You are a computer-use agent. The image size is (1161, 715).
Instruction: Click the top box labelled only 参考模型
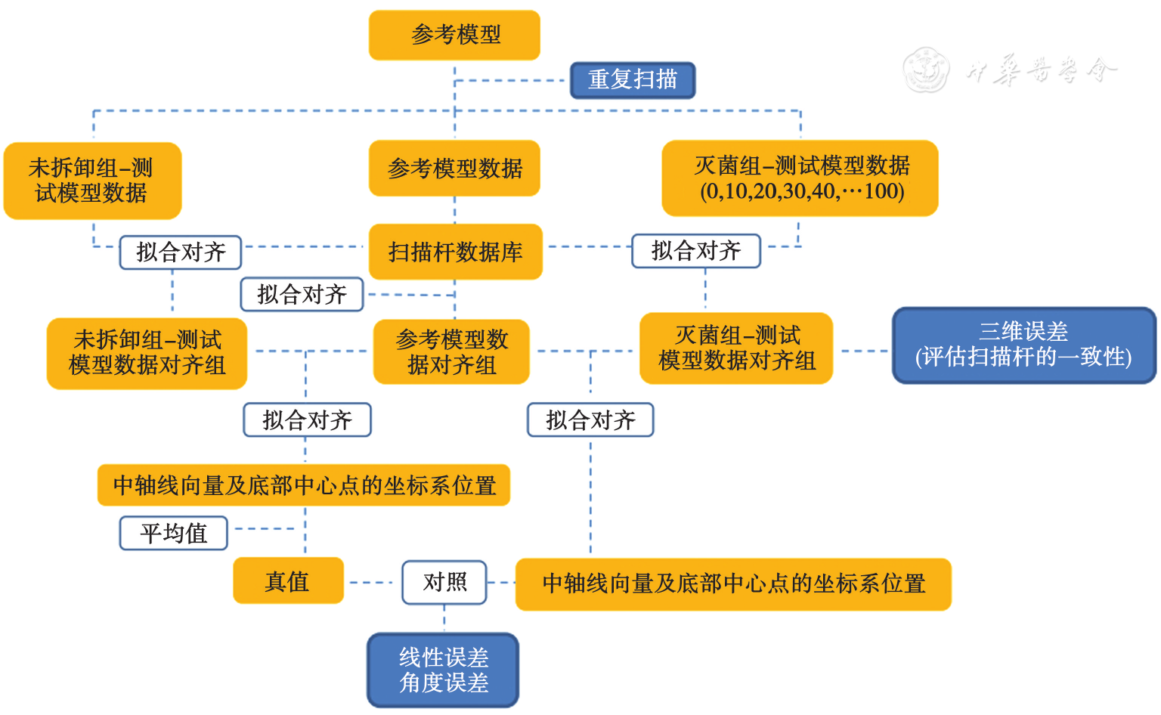pyautogui.click(x=454, y=35)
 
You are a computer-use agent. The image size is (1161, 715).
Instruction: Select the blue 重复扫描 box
pyautogui.click(x=632, y=80)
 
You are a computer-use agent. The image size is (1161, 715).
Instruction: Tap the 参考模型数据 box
pyautogui.click(x=454, y=169)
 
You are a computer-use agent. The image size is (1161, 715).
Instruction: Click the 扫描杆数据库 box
pyautogui.click(x=455, y=252)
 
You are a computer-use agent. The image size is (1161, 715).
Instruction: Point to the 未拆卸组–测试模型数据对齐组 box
pyautogui.click(x=147, y=352)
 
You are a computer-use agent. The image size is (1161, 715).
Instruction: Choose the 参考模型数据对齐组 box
pyautogui.click(x=451, y=352)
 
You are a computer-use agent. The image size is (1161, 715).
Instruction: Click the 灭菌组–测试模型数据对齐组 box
pyautogui.click(x=736, y=348)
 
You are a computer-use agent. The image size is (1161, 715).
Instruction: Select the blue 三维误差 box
pyautogui.click(x=1023, y=345)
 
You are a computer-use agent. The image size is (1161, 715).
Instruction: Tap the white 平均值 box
pyautogui.click(x=173, y=534)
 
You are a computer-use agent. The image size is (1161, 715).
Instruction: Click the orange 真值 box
pyautogui.click(x=288, y=581)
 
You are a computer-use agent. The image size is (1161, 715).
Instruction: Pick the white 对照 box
pyautogui.click(x=444, y=582)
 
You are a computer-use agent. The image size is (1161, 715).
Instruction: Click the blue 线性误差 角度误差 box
pyautogui.click(x=443, y=670)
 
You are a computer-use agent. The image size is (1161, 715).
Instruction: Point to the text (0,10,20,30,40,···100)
pyautogui.click(x=802, y=191)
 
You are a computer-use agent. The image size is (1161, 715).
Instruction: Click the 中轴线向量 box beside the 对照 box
pyautogui.click(x=732, y=583)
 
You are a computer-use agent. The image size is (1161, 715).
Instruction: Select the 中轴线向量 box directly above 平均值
pyautogui.click(x=304, y=485)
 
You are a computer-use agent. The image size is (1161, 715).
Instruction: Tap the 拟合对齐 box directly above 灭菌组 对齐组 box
pyautogui.click(x=695, y=251)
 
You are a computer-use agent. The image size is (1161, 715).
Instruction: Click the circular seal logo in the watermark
pyautogui.click(x=927, y=70)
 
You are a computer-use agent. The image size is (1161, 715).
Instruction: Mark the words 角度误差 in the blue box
pyautogui.click(x=444, y=683)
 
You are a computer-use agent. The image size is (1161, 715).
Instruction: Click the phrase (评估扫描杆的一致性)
pyautogui.click(x=1023, y=357)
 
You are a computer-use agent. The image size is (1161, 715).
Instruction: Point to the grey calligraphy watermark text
pyautogui.click(x=1041, y=70)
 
